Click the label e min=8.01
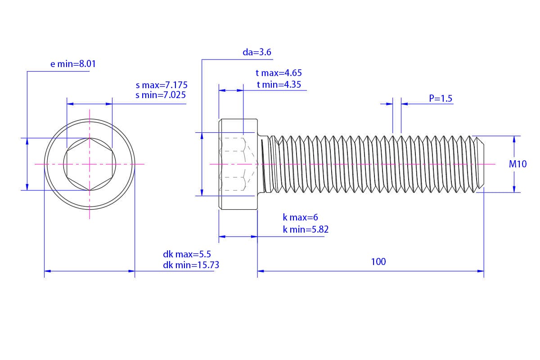coord(73,64)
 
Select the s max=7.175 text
coord(162,85)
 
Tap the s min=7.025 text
coord(161,95)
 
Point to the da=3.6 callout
coord(257,52)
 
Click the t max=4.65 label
coord(279,73)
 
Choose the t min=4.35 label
coord(279,85)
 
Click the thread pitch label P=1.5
coord(441,99)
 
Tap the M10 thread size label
coord(517,164)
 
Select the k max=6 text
coord(300,217)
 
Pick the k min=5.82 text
coord(306,229)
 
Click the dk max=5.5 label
coord(187,254)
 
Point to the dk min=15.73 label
coord(191,265)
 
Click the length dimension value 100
coord(378,261)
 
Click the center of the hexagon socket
coord(90,164)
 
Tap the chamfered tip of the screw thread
coord(481,164)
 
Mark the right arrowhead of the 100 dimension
coord(481,271)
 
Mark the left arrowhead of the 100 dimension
coord(261,271)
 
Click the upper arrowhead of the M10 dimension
coord(514,139)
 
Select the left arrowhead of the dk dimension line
coord(48,271)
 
